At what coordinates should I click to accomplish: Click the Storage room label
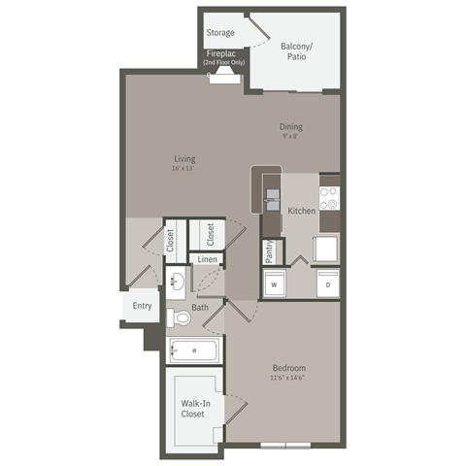click(219, 32)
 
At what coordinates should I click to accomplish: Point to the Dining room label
click(290, 126)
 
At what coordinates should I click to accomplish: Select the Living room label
click(185, 158)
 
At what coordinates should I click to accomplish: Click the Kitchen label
click(301, 210)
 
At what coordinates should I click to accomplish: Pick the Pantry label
click(270, 250)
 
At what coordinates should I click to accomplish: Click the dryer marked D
click(327, 284)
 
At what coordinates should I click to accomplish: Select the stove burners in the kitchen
click(330, 198)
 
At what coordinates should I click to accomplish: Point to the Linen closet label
click(207, 260)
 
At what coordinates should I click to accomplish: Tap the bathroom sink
click(177, 283)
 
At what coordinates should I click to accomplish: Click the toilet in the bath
click(179, 316)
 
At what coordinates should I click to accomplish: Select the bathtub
click(194, 350)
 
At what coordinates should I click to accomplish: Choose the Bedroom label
click(289, 369)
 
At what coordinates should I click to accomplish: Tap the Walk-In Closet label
click(192, 409)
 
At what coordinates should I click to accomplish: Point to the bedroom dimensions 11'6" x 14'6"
click(289, 380)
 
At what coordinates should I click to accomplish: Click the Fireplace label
click(223, 54)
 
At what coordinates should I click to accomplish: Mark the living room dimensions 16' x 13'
click(184, 169)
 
